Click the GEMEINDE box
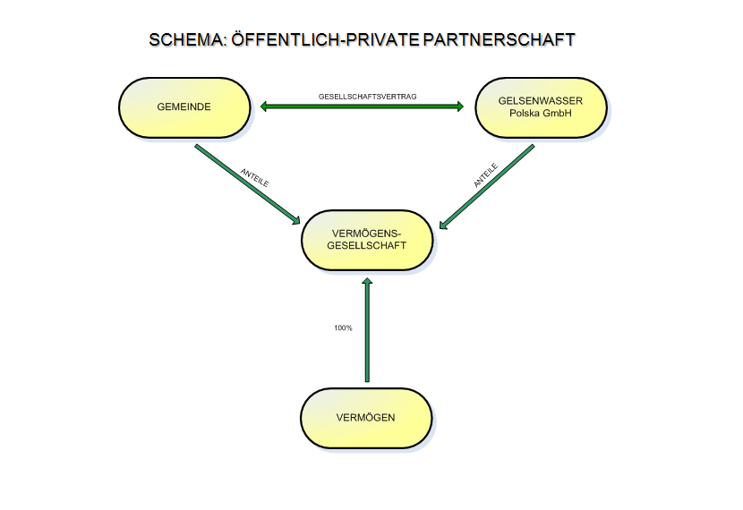(184, 106)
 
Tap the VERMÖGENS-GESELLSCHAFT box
(367, 240)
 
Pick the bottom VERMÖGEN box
(365, 418)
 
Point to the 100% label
(343, 328)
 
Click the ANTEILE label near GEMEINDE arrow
(255, 177)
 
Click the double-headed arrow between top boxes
(362, 107)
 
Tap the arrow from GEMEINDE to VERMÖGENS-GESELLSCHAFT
(246, 183)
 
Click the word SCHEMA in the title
(185, 40)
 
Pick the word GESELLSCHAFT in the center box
(366, 246)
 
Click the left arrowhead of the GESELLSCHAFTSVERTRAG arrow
(266, 107)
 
